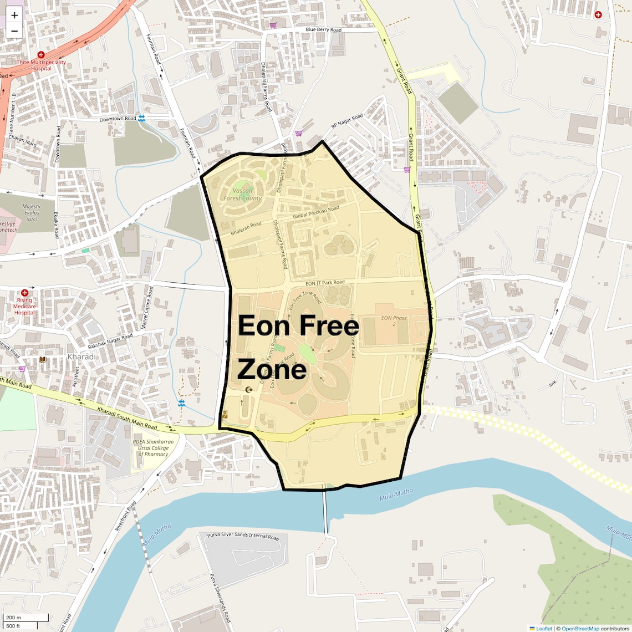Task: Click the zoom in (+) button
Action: click(14, 16)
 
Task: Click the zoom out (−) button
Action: click(14, 31)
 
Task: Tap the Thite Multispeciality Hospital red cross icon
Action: click(40, 55)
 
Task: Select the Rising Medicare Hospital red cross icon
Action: click(24, 293)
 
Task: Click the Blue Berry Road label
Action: click(323, 30)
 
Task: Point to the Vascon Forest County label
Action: click(242, 195)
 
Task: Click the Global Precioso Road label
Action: click(316, 212)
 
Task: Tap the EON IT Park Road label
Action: click(325, 283)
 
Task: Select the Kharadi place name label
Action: click(82, 356)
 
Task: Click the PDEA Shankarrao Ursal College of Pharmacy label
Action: click(153, 448)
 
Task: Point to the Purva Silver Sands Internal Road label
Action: click(243, 536)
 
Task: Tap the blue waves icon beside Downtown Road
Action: click(142, 118)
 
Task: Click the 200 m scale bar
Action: click(24, 618)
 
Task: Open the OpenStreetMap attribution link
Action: click(580, 629)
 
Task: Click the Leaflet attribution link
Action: click(543, 629)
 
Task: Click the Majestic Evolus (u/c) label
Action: click(32, 213)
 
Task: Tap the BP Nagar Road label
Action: click(347, 121)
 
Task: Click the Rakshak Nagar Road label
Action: click(110, 341)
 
